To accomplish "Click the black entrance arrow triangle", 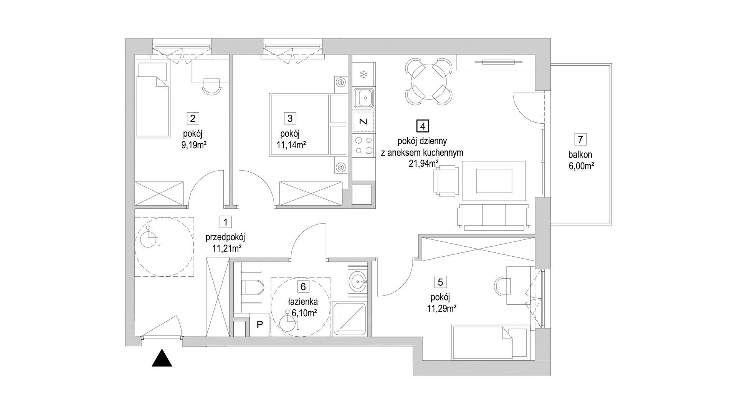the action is coord(162,358).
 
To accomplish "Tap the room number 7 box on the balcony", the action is coord(580,139).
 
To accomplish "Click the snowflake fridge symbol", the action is coord(363,75).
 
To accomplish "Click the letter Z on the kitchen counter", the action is coord(363,122).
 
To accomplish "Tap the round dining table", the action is coord(428,82).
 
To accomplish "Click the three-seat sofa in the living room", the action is coord(494,217).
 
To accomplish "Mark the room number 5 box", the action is coord(440,282).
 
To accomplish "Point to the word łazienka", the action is coord(303,302).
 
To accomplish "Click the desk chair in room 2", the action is coord(212,86).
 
